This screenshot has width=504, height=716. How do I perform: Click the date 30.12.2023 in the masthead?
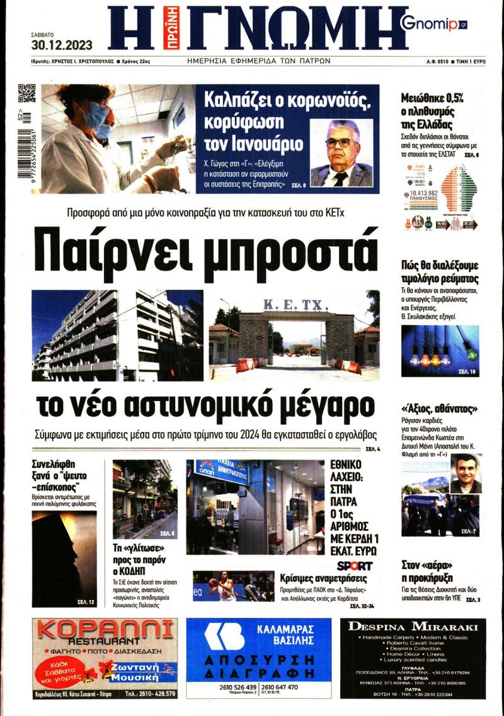(62, 45)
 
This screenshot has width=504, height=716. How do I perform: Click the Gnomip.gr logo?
(433, 24)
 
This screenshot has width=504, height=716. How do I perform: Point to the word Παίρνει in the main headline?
(120, 249)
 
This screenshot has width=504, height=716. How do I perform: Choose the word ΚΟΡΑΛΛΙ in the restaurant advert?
(104, 630)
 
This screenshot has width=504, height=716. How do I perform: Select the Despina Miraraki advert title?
(413, 627)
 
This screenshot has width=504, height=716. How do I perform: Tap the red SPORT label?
(355, 565)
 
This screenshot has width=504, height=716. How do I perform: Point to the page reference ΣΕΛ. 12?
(86, 603)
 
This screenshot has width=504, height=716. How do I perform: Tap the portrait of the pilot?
(466, 473)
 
